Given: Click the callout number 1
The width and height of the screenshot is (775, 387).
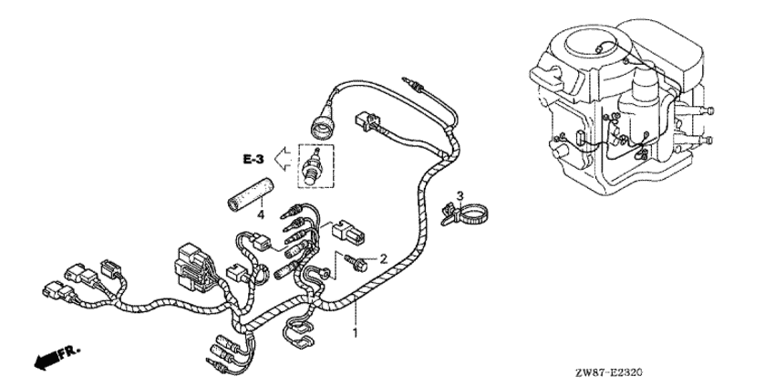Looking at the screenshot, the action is [355, 333].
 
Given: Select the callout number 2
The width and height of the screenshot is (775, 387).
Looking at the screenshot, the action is [383, 257].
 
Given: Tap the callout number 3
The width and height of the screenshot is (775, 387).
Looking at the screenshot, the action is [460, 195].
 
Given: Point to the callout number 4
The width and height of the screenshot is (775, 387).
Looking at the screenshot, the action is [261, 214].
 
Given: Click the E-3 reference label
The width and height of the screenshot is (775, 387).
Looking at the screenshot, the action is [253, 160].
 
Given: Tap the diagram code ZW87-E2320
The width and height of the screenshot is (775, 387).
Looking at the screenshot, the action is [608, 371].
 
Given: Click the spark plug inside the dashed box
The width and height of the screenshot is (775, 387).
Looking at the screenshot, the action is [313, 166].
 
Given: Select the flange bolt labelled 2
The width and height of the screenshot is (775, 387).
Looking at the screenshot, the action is [356, 263].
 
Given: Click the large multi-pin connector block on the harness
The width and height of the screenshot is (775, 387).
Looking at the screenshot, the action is [193, 266].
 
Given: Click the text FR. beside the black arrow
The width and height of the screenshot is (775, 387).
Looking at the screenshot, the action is [68, 353].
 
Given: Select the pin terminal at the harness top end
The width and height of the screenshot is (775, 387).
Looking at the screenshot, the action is [414, 85].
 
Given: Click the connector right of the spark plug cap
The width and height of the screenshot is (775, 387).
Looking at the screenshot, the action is [367, 121].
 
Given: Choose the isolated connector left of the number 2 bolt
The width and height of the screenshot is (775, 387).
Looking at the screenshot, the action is [349, 232].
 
